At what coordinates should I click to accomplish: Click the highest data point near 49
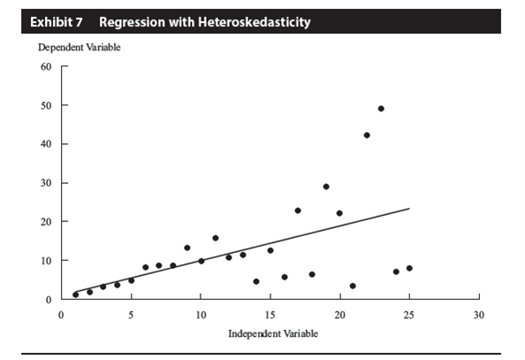coord(381,109)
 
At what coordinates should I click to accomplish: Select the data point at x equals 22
coord(367,135)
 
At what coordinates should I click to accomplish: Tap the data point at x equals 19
coord(326,187)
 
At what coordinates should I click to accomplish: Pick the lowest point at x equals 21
coord(353,286)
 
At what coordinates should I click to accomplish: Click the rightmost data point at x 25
coord(409,268)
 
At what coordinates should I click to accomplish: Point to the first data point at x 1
coord(76,295)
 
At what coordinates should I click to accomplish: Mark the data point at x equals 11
coord(216,238)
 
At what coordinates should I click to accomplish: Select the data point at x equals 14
coord(256,281)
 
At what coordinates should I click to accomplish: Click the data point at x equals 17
coord(298,211)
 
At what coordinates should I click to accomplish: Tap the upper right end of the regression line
coord(409,209)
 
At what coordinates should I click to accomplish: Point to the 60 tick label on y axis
coord(46,66)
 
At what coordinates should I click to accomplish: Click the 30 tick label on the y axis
coord(46,183)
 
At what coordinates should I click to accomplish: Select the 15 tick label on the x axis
coord(270,315)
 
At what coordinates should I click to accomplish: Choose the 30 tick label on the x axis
coord(479,315)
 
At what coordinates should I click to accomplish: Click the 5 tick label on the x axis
coord(131,315)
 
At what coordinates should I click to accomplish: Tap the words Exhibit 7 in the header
coord(57,22)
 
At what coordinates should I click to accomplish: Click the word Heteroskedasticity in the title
coord(255,22)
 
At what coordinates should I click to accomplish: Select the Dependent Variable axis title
coord(80,47)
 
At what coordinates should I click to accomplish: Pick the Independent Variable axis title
coord(273,333)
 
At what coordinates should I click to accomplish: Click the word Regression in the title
coord(133,22)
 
